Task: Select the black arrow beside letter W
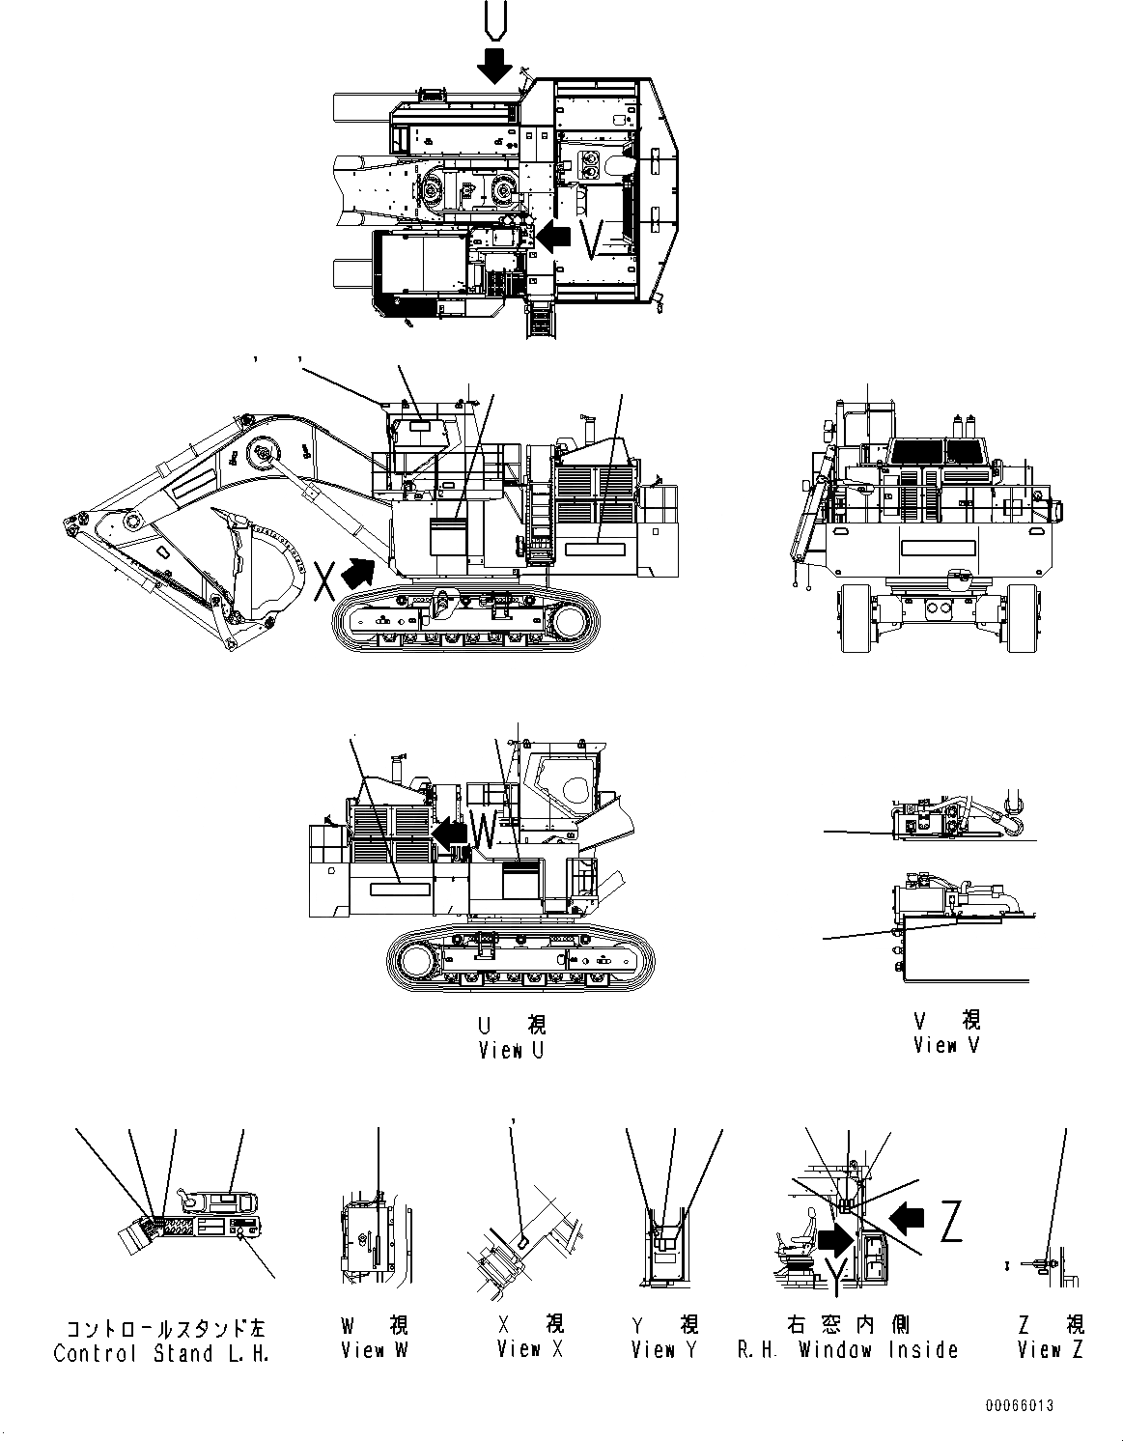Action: coord(448,830)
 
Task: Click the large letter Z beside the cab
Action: coord(950,1225)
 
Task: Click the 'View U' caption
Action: coord(511,1051)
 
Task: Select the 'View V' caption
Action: coord(946,1045)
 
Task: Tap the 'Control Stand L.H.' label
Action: coord(161,1353)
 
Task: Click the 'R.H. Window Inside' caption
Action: coord(848,1350)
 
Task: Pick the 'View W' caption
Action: coord(375,1350)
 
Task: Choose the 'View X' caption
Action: coord(530,1350)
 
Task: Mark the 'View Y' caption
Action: coord(664,1350)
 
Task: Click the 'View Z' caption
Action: coord(1051,1350)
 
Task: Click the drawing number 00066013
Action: coord(1020,1405)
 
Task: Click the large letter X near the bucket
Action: coord(325,582)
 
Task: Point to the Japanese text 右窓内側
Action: coord(848,1324)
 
